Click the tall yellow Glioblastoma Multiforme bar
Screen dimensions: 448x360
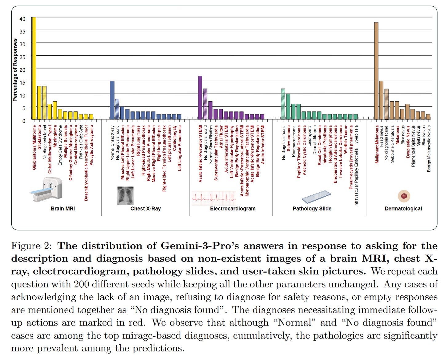(34, 68)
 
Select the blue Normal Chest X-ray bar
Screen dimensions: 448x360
(112, 100)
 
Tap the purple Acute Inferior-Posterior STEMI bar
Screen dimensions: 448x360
(200, 98)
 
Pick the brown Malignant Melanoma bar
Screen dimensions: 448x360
(376, 71)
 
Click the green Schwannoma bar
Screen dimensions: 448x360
(288, 106)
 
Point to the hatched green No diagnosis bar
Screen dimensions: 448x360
(283, 104)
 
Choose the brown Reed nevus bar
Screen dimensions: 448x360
(381, 100)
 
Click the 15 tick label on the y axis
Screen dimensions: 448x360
(22, 83)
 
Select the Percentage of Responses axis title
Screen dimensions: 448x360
(15, 70)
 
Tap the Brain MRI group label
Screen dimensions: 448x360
(63, 209)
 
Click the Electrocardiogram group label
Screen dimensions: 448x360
(233, 209)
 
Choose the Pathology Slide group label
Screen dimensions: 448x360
(312, 209)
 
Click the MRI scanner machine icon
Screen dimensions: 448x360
(46, 190)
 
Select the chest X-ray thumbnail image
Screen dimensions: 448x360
(125, 196)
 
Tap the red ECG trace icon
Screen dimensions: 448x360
(214, 198)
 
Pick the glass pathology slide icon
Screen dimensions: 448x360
(316, 197)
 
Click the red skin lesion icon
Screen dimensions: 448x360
(404, 196)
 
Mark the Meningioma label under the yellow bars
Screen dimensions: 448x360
(55, 136)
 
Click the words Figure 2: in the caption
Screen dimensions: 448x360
(31, 246)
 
